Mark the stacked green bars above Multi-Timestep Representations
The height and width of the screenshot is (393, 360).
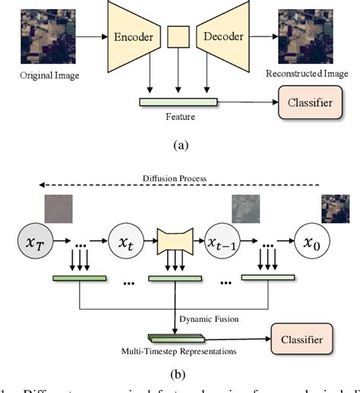coord(175,338)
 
